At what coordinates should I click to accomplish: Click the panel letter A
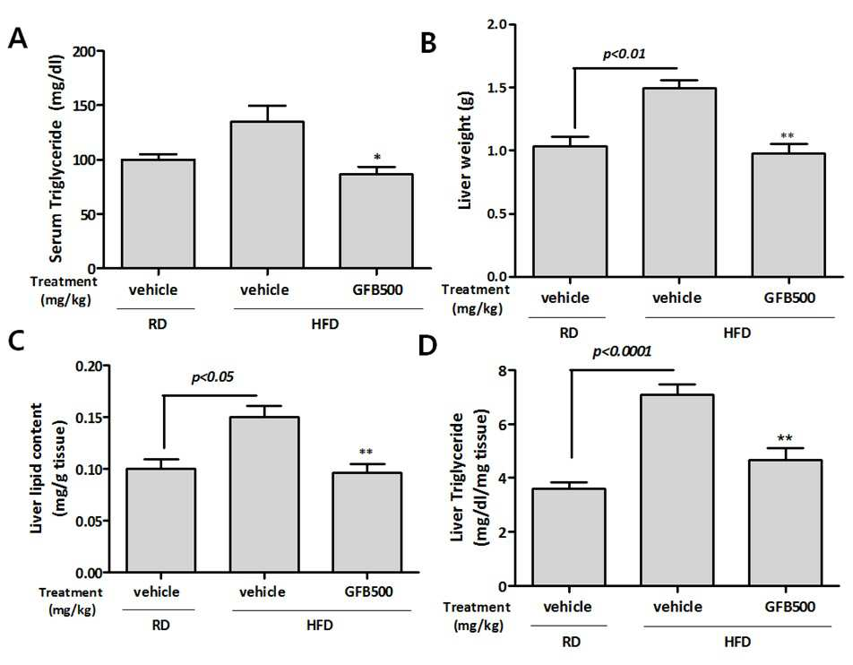(x=17, y=39)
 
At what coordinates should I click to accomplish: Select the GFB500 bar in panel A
(x=376, y=221)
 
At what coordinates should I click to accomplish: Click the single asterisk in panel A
(x=377, y=158)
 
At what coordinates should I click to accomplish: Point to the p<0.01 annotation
(x=625, y=54)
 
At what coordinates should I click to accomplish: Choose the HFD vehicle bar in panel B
(x=679, y=182)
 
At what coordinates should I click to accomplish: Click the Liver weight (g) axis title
(x=465, y=151)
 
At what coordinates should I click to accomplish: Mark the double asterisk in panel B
(x=788, y=136)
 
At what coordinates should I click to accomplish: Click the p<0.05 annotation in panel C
(x=212, y=377)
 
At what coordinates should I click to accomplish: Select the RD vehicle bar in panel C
(x=160, y=520)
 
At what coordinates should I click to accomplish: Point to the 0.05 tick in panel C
(x=90, y=521)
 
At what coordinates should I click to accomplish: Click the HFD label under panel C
(x=319, y=626)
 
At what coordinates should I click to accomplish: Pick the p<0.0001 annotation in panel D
(x=622, y=351)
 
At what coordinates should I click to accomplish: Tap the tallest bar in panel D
(x=677, y=490)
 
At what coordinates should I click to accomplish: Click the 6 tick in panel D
(x=503, y=425)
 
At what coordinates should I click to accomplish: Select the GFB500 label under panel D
(x=790, y=607)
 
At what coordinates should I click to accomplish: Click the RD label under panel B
(x=568, y=332)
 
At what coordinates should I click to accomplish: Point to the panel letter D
(x=427, y=346)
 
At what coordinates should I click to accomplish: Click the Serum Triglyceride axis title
(x=56, y=159)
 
